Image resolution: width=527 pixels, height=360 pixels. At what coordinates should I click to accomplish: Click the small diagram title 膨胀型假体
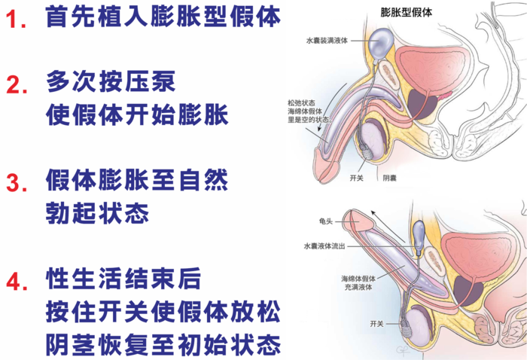click(406, 13)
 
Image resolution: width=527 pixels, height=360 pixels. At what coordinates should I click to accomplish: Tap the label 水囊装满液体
click(326, 41)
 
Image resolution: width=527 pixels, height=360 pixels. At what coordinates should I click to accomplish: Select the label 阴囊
click(389, 178)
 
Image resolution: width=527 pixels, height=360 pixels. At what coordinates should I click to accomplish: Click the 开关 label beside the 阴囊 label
click(357, 178)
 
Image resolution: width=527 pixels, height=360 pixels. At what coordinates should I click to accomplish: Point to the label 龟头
click(326, 221)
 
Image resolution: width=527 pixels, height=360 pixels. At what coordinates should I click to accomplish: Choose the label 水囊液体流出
click(324, 246)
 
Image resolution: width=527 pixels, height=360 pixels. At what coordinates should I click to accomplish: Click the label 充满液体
click(358, 288)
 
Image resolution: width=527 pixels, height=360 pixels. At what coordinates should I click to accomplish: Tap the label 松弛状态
click(301, 103)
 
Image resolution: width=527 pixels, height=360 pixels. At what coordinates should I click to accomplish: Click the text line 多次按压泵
click(111, 81)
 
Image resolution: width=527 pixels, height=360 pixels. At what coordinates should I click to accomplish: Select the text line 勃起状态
click(97, 213)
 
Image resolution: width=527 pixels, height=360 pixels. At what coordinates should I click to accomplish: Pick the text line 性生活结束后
click(123, 279)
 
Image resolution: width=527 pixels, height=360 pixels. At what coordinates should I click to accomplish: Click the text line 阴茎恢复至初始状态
click(163, 344)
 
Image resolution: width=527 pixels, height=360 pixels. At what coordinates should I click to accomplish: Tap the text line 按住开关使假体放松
click(163, 312)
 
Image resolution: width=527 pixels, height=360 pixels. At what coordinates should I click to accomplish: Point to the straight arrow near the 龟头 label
click(388, 226)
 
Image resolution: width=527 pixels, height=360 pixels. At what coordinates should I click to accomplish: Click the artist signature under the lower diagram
click(402, 350)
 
